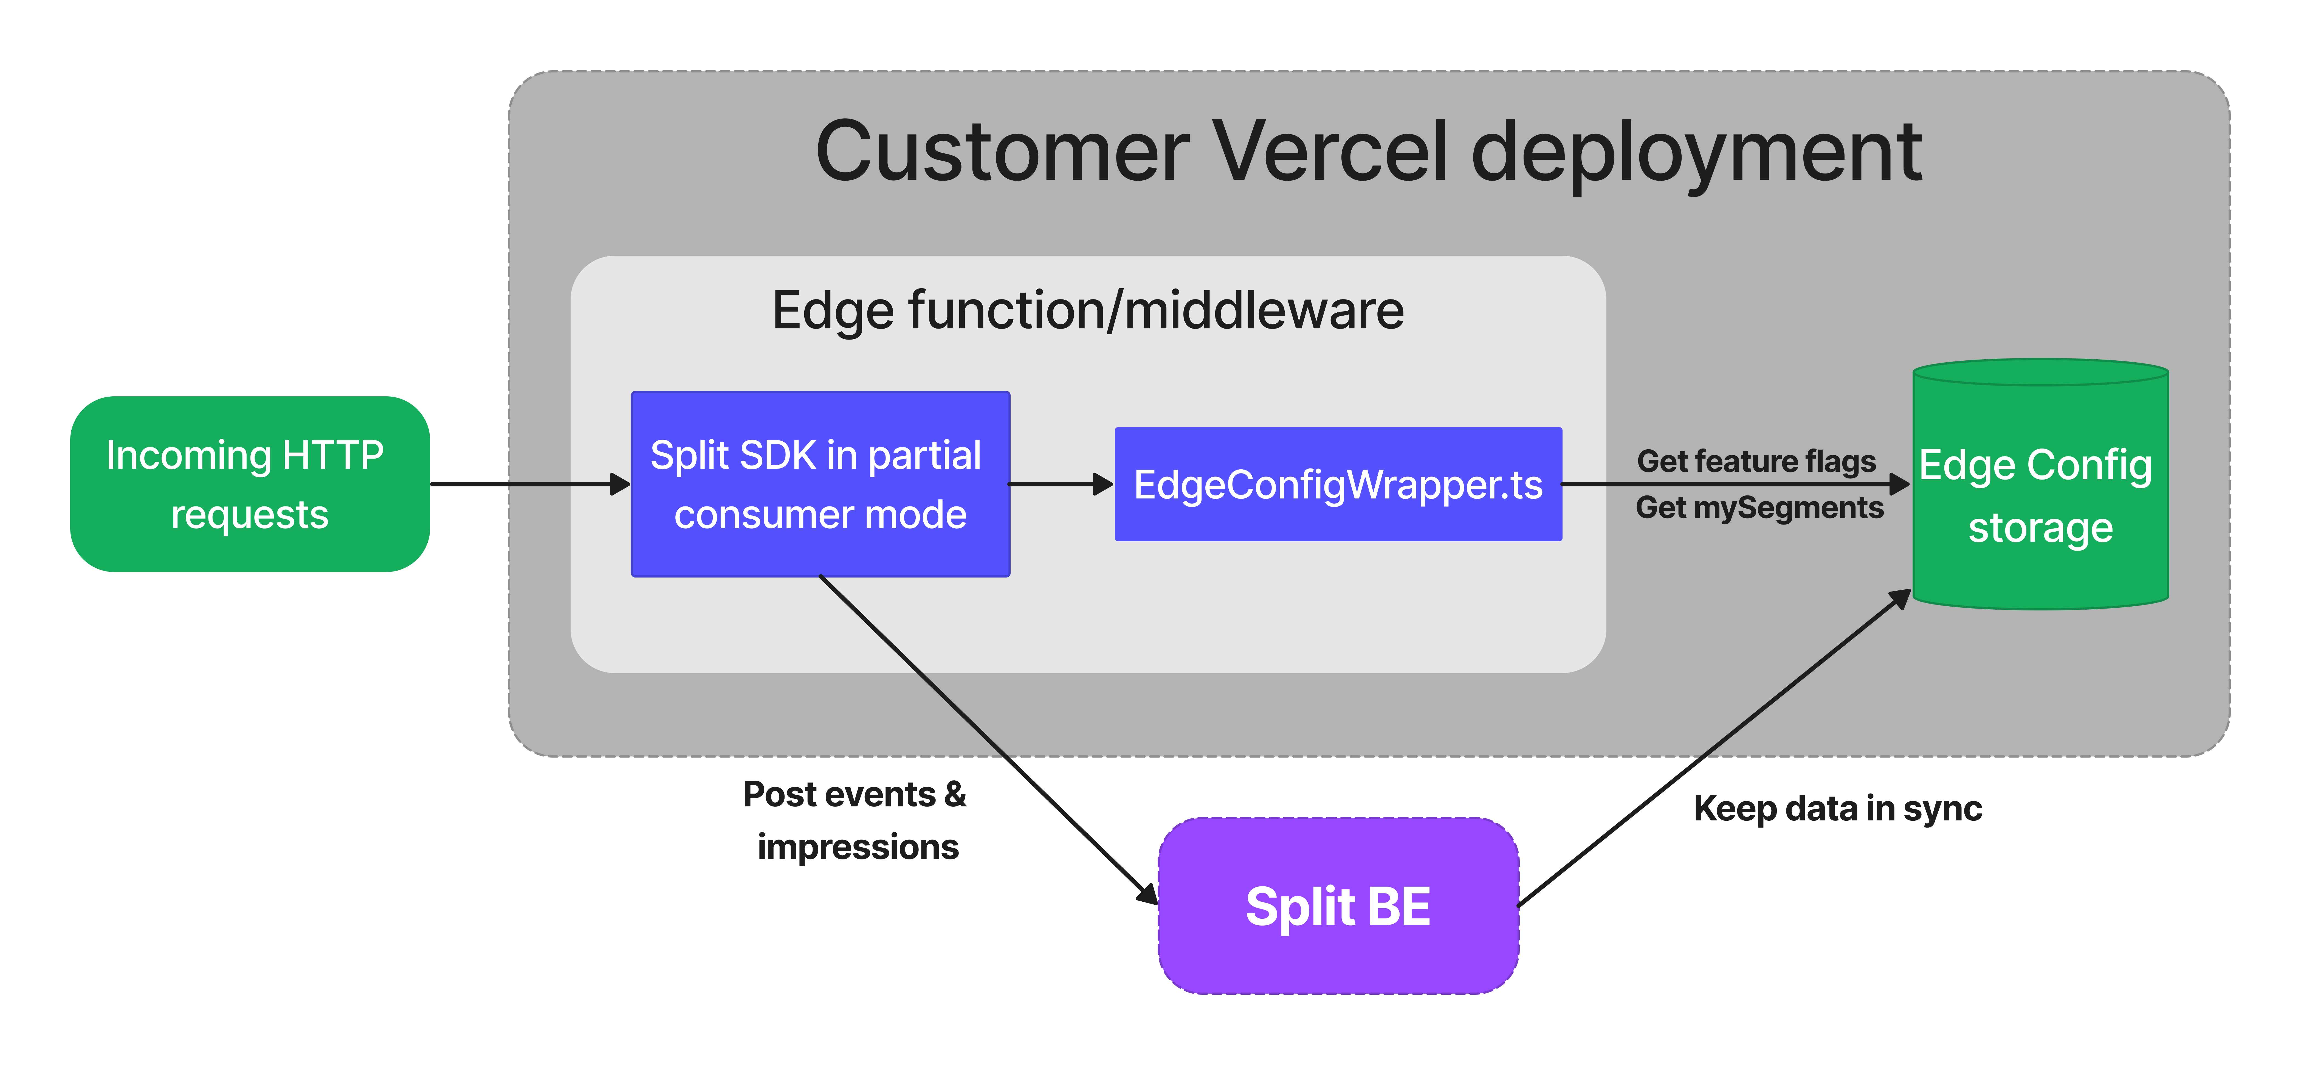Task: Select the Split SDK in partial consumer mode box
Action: (820, 484)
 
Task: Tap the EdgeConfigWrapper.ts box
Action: (1337, 484)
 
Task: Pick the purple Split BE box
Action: (1337, 906)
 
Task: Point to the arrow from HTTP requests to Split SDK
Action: (527, 484)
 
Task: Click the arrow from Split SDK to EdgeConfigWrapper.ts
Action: (1059, 484)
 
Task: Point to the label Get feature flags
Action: (1756, 461)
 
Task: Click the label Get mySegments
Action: (1759, 508)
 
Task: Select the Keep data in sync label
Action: (1837, 809)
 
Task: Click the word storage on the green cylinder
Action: (2040, 527)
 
